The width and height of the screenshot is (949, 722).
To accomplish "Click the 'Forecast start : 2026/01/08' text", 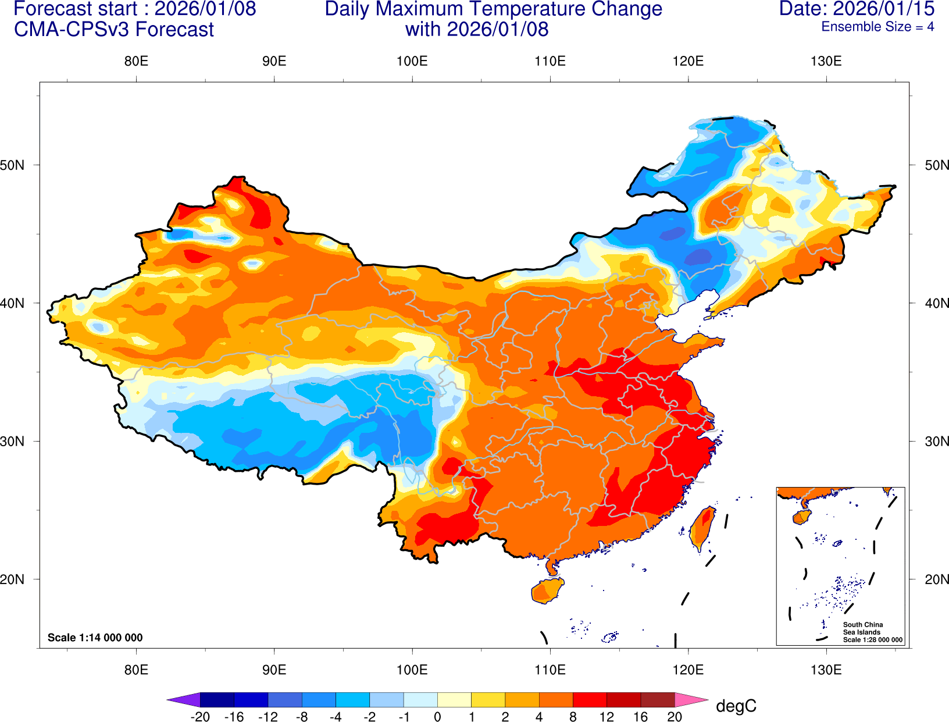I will (134, 9).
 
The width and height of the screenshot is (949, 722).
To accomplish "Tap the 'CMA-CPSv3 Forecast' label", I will (114, 29).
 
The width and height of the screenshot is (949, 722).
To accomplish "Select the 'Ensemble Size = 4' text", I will (877, 27).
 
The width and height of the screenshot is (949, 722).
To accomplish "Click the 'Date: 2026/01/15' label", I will (857, 9).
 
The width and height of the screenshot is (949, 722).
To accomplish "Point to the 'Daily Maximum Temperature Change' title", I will (493, 9).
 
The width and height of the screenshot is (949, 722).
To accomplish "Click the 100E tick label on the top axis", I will (412, 62).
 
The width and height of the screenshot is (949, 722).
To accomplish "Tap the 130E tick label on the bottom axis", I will (826, 670).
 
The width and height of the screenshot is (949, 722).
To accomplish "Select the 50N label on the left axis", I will (12, 165).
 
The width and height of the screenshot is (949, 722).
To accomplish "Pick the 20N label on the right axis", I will (937, 579).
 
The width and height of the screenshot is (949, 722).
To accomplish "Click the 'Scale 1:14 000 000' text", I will (95, 638).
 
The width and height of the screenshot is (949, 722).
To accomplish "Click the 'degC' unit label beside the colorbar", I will (736, 706).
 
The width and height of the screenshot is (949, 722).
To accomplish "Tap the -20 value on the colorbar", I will (200, 717).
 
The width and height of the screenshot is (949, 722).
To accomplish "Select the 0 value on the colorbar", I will (437, 717).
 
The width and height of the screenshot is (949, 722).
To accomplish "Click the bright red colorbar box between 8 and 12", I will (590, 700).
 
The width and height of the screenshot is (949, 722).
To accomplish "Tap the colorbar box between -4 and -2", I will (353, 700).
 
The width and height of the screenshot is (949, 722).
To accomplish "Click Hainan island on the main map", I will (547, 591).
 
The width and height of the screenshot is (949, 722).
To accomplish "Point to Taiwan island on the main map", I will (702, 528).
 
